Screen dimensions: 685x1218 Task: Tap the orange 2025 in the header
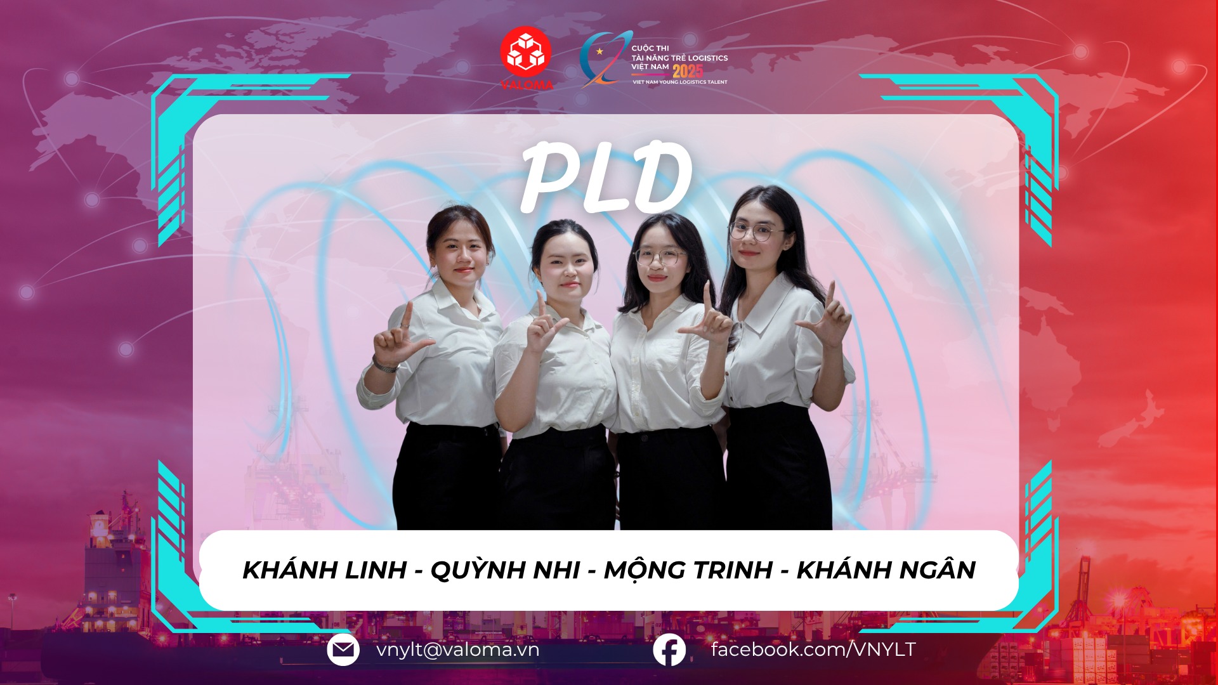point(688,70)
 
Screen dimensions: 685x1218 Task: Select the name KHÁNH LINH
point(324,570)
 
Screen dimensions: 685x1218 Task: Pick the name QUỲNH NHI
point(505,570)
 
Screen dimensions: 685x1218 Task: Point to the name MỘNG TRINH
point(688,570)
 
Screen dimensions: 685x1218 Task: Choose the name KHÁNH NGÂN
point(886,570)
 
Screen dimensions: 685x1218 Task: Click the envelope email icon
point(343,650)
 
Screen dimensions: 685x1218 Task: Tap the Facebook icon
point(669,650)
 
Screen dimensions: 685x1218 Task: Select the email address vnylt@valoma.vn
point(457,650)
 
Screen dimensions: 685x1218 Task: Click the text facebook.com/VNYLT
point(813,649)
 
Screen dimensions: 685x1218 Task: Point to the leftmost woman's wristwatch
point(384,365)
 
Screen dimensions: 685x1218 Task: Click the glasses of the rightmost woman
point(754,232)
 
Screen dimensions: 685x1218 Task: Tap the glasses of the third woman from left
point(660,258)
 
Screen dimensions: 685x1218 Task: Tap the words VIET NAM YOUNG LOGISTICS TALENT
point(679,82)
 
